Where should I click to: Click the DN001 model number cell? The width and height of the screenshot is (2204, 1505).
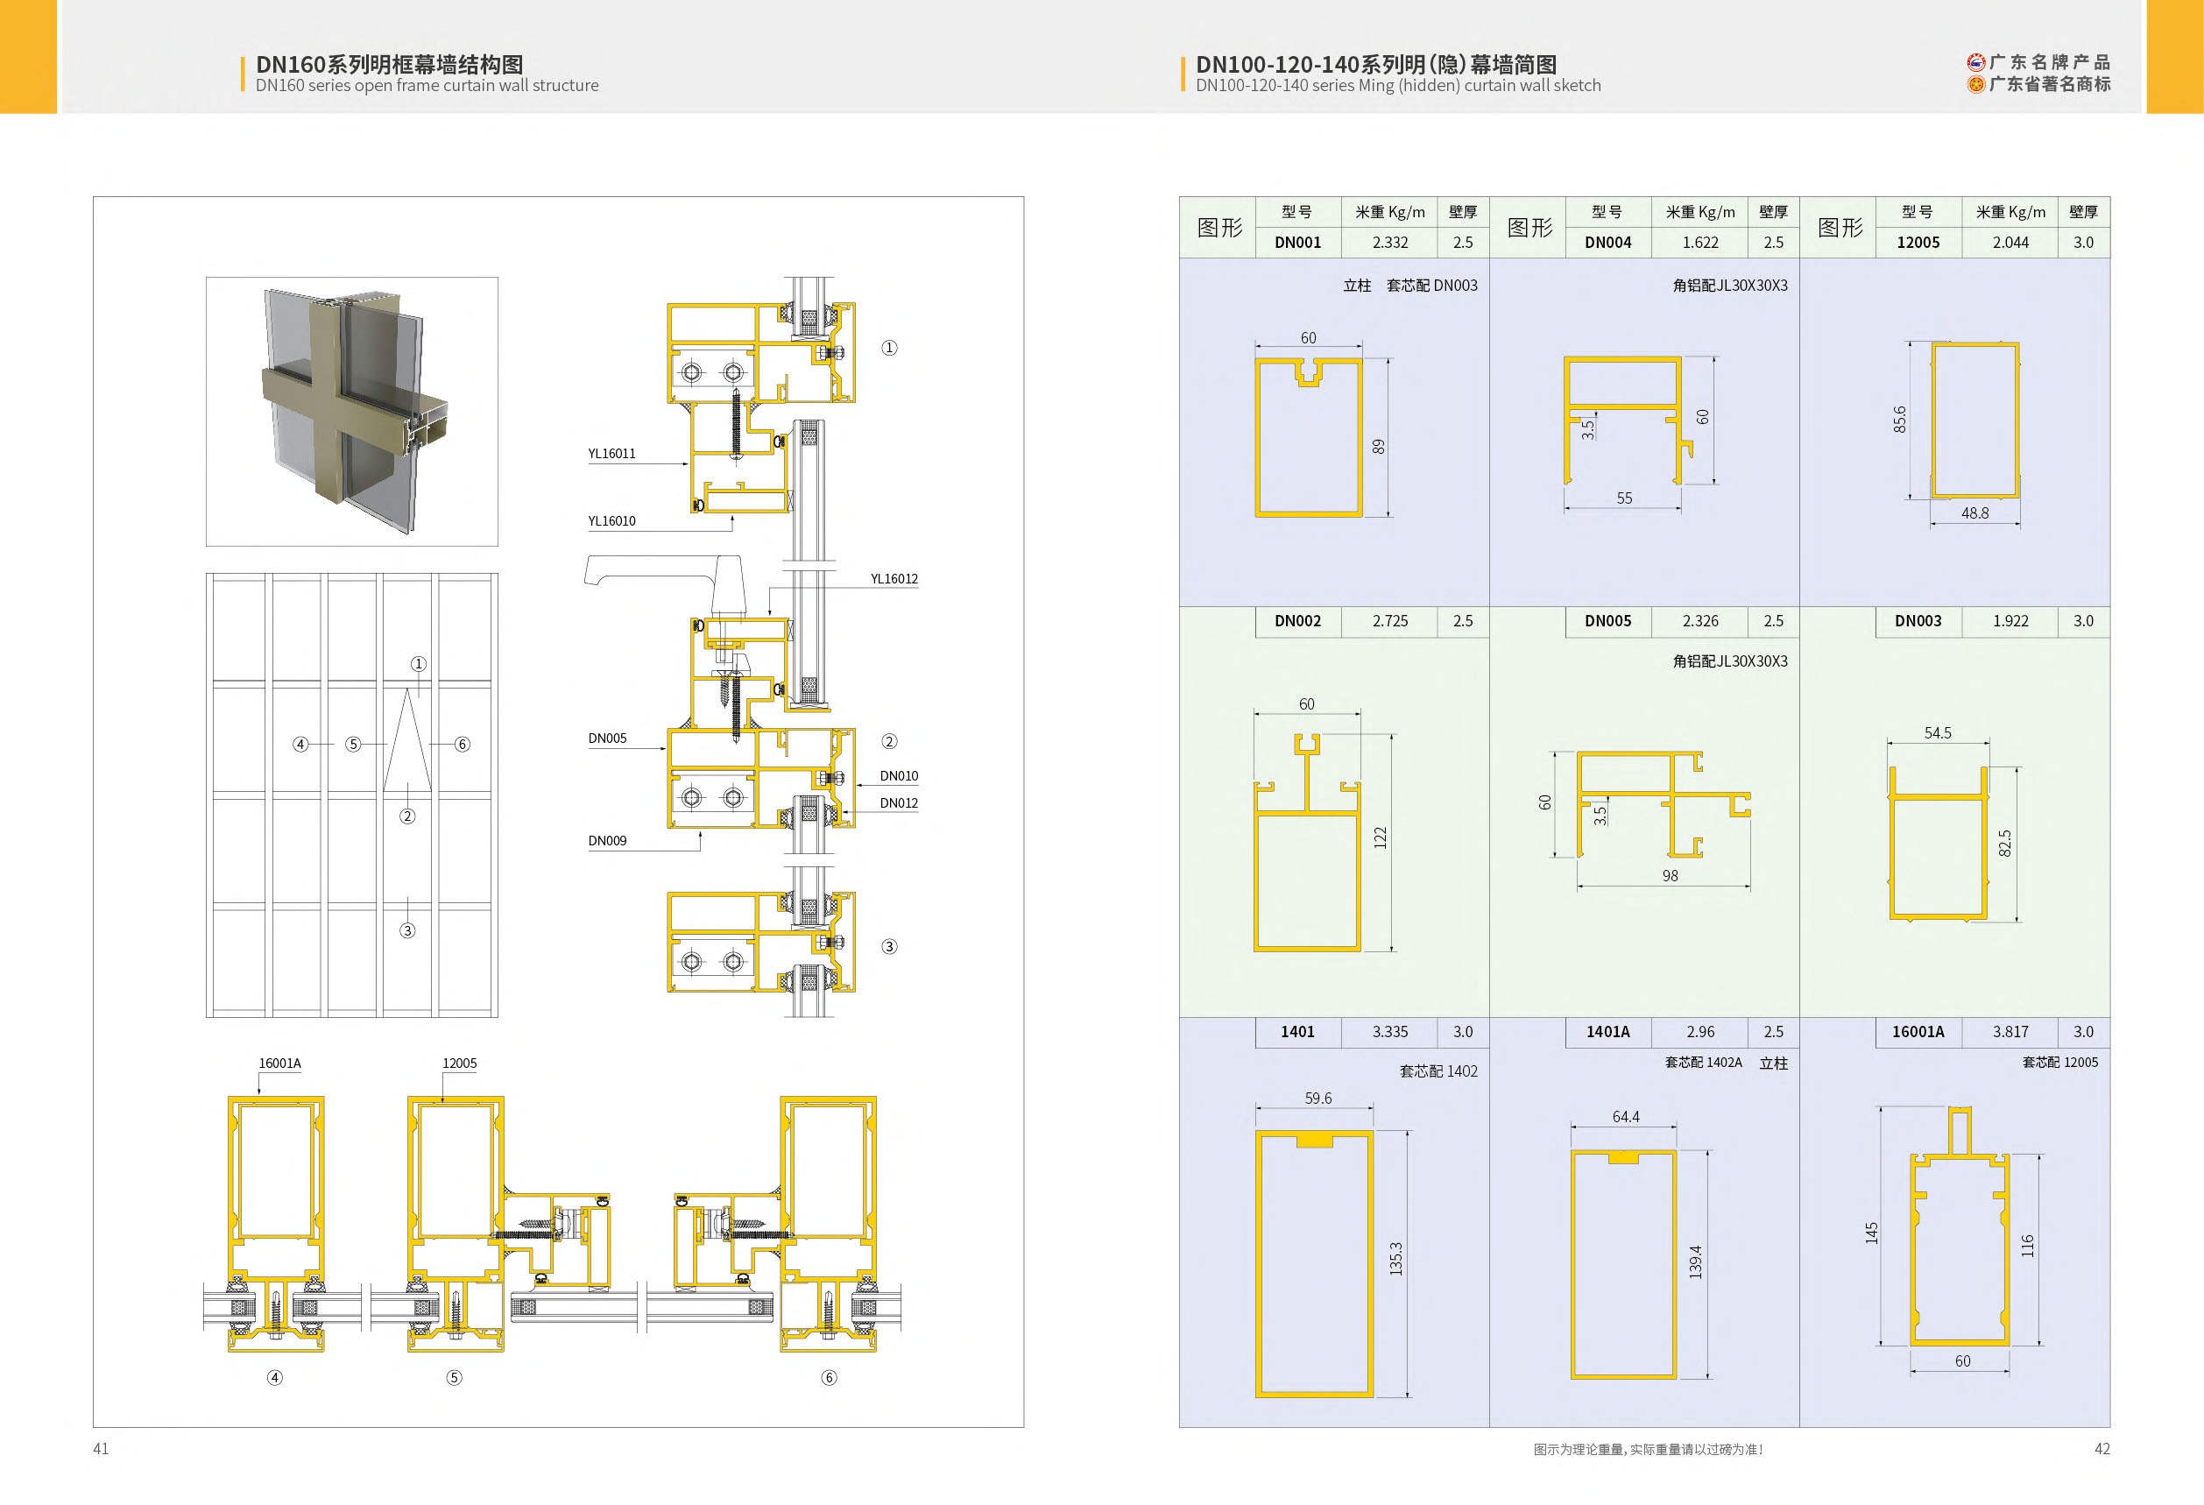point(1297,242)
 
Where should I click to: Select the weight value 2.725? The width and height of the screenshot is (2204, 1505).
point(1389,621)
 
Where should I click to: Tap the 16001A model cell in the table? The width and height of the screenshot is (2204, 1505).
point(1918,1032)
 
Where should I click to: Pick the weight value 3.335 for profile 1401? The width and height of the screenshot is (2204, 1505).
point(1389,1032)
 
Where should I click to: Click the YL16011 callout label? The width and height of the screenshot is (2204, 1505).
point(611,453)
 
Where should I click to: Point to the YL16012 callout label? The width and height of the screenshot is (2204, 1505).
point(894,578)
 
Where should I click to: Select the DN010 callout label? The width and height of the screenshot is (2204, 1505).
point(898,776)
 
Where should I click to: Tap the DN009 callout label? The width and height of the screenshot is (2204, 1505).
point(607,840)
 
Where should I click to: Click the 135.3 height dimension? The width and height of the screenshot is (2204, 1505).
point(1396,1259)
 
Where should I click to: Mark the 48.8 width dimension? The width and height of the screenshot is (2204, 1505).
point(1974,513)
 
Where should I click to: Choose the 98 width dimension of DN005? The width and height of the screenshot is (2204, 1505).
point(1670,875)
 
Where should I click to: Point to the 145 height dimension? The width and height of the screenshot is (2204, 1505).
point(1871,1233)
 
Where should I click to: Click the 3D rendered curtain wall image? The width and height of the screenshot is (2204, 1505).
point(352,412)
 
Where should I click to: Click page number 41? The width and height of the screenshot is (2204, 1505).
point(101,1448)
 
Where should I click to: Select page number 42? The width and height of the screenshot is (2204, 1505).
point(2102,1448)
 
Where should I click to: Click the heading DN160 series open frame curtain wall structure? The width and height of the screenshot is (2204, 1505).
point(427,85)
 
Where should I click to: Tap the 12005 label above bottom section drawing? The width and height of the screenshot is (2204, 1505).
point(459,1063)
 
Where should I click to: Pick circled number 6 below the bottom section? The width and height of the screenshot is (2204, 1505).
point(829,1377)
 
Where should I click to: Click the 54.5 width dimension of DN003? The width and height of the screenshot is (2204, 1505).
point(1938,733)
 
